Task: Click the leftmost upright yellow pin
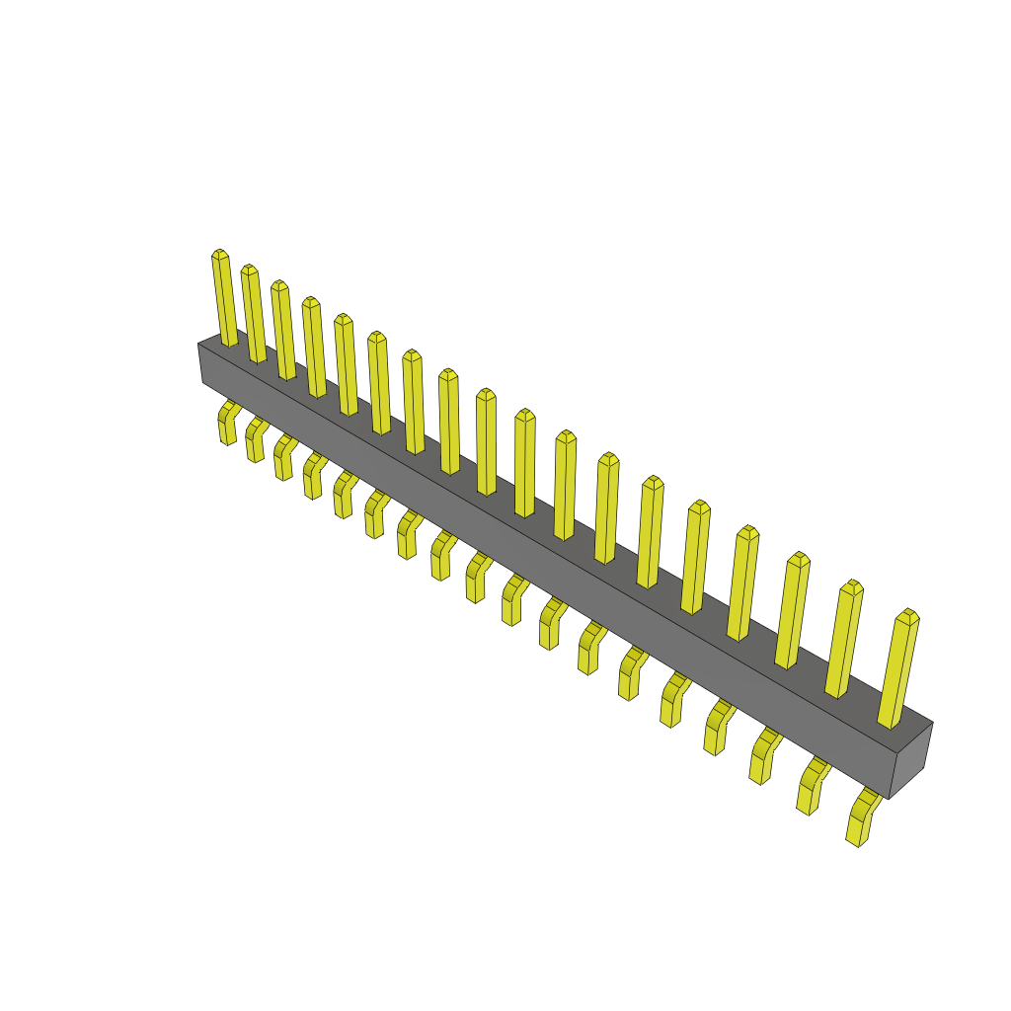pyautogui.click(x=225, y=299)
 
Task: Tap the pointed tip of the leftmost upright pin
pyautogui.click(x=219, y=254)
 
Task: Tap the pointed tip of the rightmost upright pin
pyautogui.click(x=907, y=614)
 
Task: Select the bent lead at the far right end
pyautogui.click(x=861, y=818)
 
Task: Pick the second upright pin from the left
pyautogui.click(x=255, y=314)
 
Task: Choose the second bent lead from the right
pyautogui.click(x=812, y=786)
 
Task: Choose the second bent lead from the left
pyautogui.click(x=255, y=440)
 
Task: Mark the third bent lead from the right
pyautogui.click(x=764, y=756)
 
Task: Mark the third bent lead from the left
pyautogui.click(x=283, y=459)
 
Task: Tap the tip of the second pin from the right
pyautogui.click(x=852, y=585)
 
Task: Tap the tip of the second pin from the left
pyautogui.click(x=249, y=269)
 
